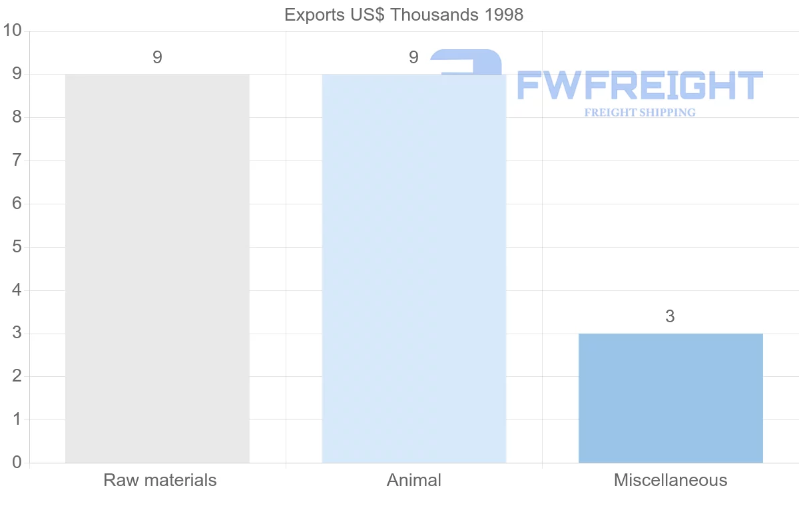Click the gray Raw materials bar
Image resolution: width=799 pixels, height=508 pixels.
click(x=157, y=268)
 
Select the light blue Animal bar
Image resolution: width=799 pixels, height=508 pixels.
click(x=413, y=268)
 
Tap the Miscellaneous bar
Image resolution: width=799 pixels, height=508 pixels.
click(x=670, y=398)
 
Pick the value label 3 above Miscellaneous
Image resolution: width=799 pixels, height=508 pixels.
click(x=670, y=317)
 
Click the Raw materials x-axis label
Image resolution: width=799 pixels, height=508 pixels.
click(x=160, y=480)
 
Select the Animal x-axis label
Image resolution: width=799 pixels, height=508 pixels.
click(x=414, y=480)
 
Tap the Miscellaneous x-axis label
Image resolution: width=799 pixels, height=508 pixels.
click(x=670, y=480)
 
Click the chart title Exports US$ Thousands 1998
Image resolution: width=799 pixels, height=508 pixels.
click(x=403, y=15)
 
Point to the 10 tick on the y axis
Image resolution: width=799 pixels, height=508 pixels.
click(x=13, y=31)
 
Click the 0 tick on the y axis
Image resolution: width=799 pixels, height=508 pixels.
click(x=17, y=463)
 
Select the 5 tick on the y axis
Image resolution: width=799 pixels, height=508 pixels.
click(x=17, y=247)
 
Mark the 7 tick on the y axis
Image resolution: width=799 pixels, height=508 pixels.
click(x=17, y=160)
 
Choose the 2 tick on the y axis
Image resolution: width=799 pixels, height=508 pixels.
click(x=17, y=376)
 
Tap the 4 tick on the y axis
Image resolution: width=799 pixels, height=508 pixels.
click(x=17, y=290)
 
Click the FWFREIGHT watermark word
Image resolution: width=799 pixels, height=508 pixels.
click(x=639, y=86)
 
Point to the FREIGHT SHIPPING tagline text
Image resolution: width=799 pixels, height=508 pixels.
click(x=640, y=113)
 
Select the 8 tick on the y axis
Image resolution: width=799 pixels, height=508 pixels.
click(x=17, y=117)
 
